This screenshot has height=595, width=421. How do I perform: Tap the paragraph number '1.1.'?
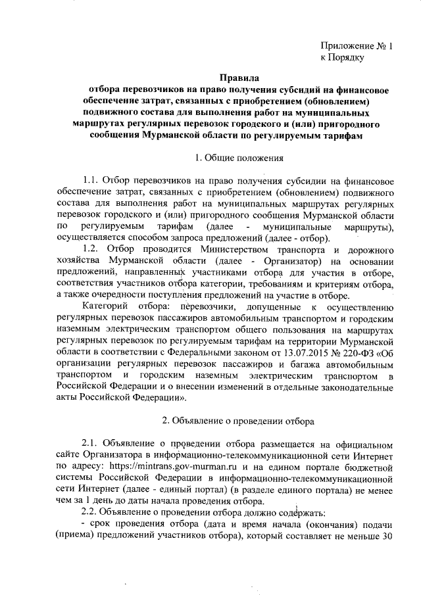coord(93,179)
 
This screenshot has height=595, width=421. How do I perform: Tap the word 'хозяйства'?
coord(78,262)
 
